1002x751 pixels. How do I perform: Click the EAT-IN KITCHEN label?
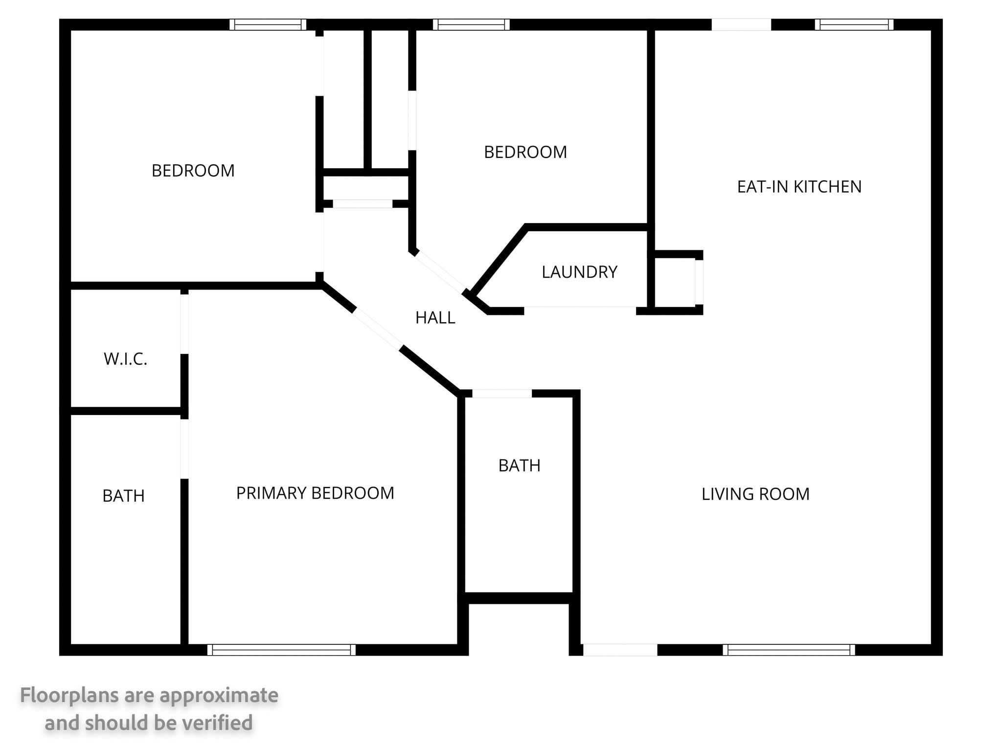[799, 187]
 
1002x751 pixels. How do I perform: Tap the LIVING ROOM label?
[755, 494]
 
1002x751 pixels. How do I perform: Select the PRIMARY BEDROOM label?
[315, 493]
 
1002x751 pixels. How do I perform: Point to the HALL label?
[435, 318]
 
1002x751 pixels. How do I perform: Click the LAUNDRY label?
[579, 272]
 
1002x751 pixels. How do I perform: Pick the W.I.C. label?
[125, 359]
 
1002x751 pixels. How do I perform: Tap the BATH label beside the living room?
[519, 465]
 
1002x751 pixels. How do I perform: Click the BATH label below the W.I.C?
[123, 496]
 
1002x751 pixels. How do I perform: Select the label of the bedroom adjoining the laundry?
[525, 152]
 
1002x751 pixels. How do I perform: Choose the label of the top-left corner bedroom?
[193, 171]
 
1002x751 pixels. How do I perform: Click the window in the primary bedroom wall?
[281, 650]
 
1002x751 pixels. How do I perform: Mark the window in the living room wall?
[789, 650]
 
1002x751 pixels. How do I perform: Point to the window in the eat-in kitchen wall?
[854, 24]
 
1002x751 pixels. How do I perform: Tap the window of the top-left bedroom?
[268, 24]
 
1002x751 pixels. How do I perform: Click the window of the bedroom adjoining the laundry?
[471, 24]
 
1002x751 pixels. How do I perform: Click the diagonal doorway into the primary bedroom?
[378, 329]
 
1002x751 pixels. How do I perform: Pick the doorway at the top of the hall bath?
[502, 394]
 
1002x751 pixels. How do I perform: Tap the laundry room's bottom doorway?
[580, 310]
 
